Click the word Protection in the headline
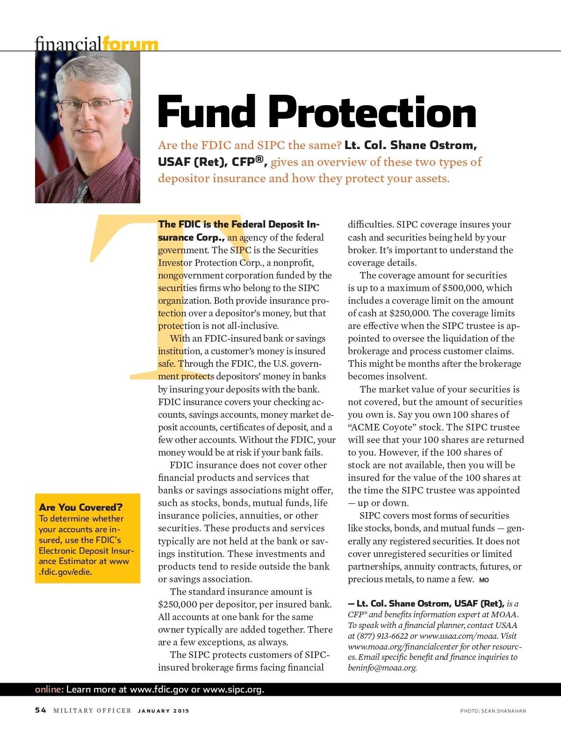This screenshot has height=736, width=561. [372, 112]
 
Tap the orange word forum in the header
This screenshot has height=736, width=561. [130, 44]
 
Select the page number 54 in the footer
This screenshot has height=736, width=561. [41, 710]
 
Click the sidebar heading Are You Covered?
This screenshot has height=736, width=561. [81, 507]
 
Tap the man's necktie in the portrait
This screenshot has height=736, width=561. [80, 192]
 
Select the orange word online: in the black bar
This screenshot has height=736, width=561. [49, 689]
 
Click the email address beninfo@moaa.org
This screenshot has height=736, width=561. [382, 667]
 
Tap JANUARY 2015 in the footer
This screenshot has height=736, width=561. [164, 711]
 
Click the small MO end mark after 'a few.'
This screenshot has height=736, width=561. [484, 580]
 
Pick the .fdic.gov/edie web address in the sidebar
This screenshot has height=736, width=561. [65, 572]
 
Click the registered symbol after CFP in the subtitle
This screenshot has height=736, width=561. [260, 159]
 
